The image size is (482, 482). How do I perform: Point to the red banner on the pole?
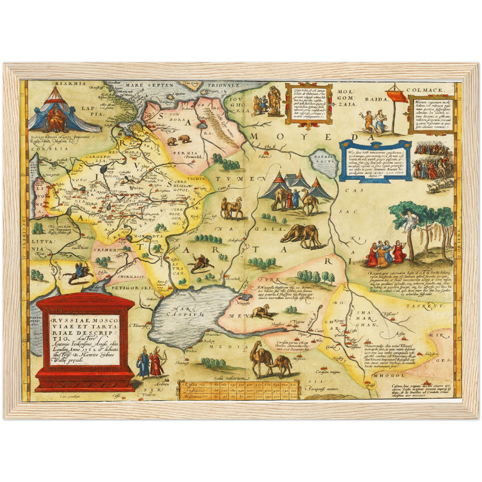point(398,95)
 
